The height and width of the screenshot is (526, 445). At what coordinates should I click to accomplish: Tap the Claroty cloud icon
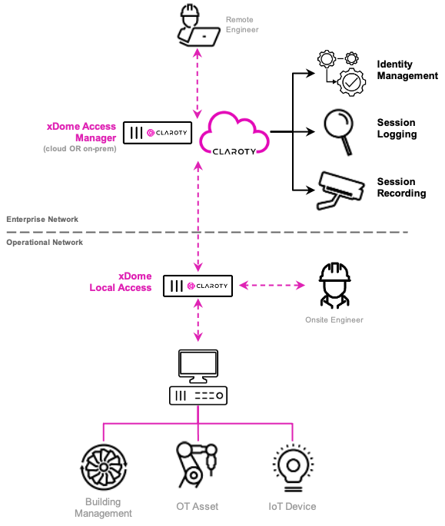pos(234,134)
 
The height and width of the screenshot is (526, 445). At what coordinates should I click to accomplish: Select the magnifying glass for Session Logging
pos(339,131)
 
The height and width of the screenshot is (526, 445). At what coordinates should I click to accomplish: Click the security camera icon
pos(340,190)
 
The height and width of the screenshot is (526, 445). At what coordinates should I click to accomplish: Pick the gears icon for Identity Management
pos(341,73)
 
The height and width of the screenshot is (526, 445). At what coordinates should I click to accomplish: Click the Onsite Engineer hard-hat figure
pos(334,285)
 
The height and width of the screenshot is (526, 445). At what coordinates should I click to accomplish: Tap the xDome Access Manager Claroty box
pos(158,133)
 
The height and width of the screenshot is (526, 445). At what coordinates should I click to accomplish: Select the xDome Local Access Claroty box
pos(198,286)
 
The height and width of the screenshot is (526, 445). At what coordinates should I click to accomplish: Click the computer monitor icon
pos(198,366)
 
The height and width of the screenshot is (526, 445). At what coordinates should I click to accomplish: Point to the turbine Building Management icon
pos(104,467)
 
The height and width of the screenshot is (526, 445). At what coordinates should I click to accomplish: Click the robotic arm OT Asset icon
pos(197,465)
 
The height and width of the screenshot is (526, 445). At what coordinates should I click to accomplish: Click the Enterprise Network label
pos(42,220)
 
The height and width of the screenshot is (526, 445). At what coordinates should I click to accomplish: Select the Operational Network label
pos(45,243)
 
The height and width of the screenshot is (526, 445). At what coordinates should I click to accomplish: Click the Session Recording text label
pos(402,187)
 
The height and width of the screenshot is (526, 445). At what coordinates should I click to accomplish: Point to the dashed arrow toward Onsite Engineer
pos(272,286)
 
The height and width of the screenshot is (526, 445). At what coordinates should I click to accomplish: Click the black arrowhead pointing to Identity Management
pos(311,73)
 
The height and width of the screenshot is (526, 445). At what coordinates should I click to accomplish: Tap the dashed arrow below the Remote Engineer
pos(198,83)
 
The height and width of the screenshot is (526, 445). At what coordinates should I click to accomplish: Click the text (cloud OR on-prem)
pos(80,149)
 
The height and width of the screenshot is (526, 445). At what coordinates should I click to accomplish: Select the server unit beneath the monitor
pos(198,395)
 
